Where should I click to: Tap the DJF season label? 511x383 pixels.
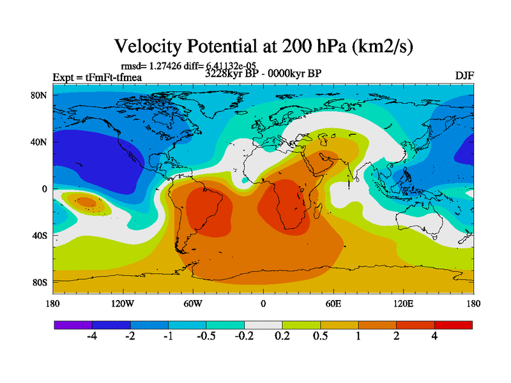[464, 75]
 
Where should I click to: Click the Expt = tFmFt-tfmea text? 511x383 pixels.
[97, 78]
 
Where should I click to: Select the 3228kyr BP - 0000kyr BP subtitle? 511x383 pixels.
[263, 73]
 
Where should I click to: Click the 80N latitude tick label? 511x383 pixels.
[40, 96]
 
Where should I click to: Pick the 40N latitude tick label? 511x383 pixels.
[40, 142]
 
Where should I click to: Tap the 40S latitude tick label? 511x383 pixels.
[40, 236]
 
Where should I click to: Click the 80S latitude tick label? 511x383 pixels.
[40, 282]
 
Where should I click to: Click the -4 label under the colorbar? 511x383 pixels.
[92, 336]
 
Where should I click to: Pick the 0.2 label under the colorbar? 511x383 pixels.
[282, 336]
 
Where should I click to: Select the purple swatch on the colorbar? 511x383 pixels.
[73, 325]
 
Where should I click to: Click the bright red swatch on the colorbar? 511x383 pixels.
[454, 325]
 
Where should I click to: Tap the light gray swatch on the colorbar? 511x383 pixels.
[263, 325]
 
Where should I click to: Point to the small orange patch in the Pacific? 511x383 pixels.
[86, 203]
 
